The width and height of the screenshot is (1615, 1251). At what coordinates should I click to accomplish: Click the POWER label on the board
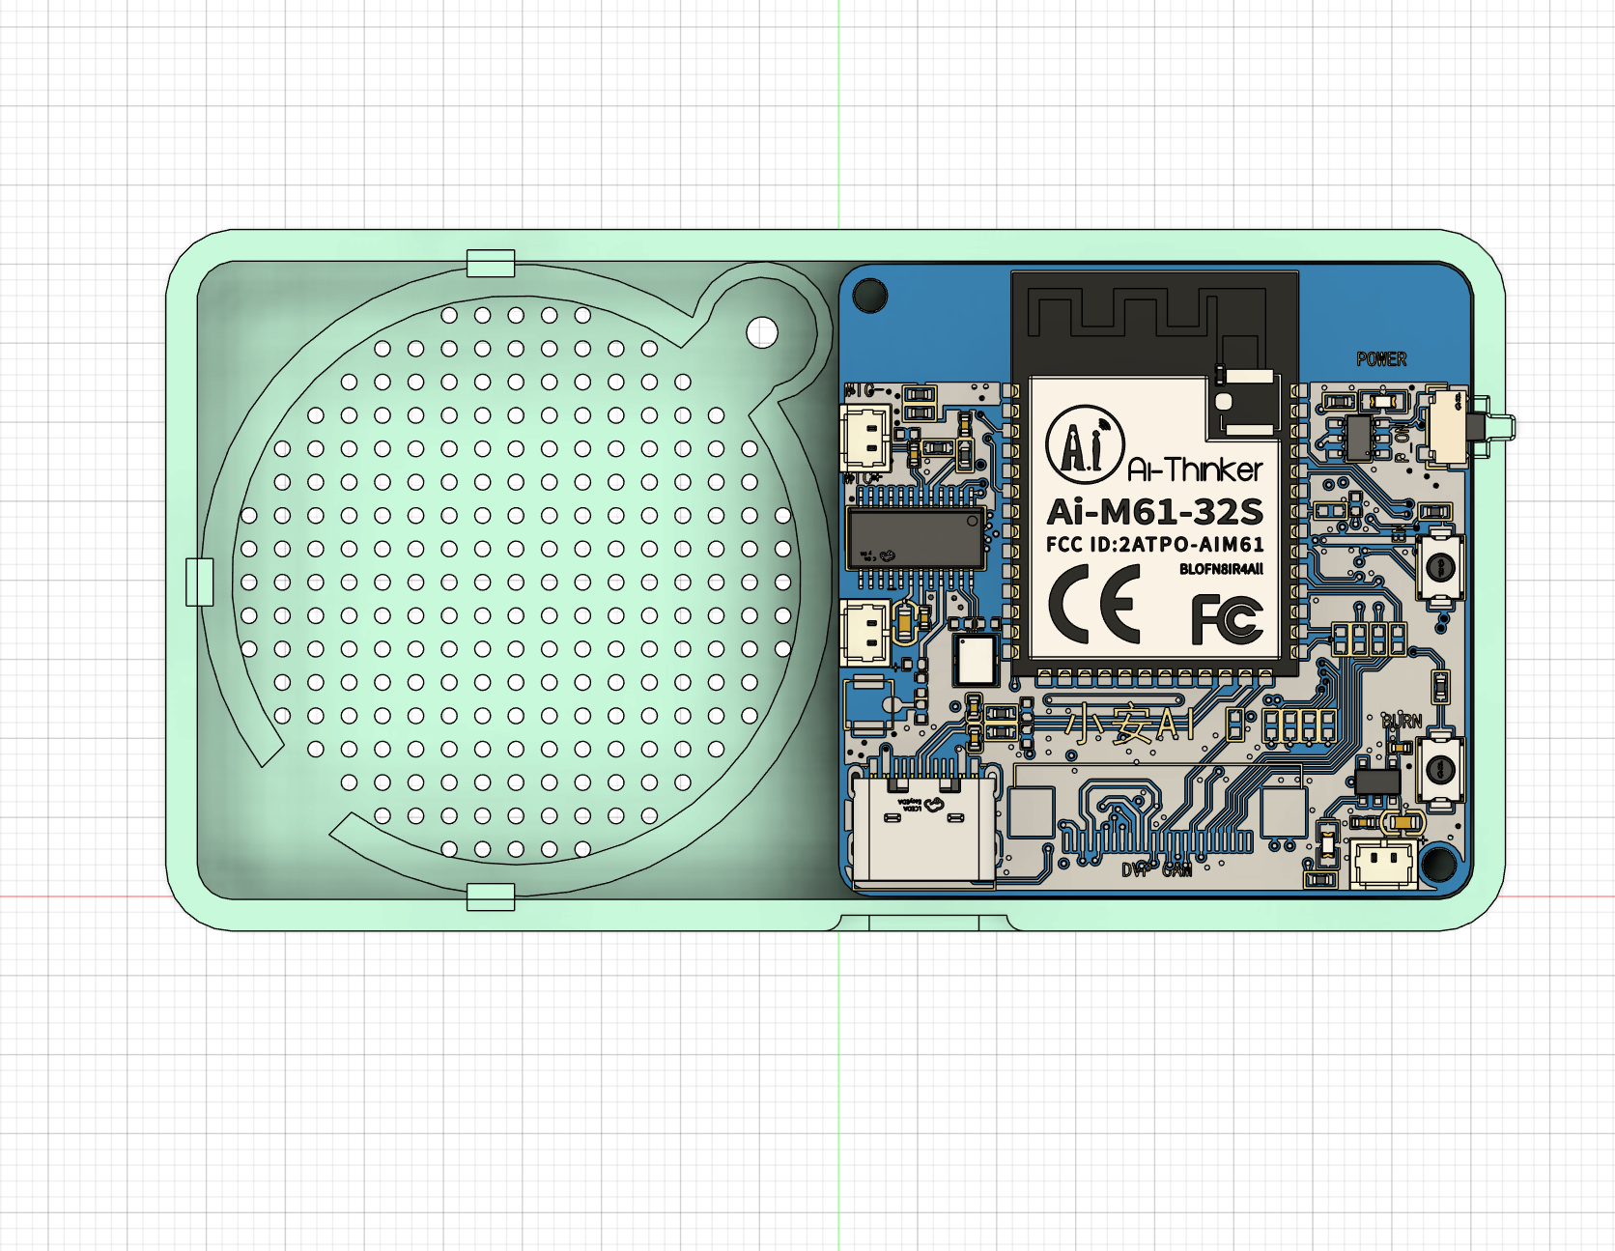[1381, 359]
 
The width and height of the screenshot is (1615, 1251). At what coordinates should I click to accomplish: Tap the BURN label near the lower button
[1402, 721]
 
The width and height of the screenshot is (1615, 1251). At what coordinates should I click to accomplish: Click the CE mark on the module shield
[1094, 606]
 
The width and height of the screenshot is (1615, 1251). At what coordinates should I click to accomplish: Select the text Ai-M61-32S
[1154, 511]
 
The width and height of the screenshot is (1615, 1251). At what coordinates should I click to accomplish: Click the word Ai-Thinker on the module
[1195, 470]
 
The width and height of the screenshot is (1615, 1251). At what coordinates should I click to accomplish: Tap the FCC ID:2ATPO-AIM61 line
[1154, 545]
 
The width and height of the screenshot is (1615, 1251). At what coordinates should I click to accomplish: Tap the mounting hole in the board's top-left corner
[869, 296]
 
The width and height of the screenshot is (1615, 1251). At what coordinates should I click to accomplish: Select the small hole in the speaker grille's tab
[762, 332]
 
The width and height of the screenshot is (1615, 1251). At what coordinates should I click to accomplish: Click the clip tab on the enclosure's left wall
[199, 582]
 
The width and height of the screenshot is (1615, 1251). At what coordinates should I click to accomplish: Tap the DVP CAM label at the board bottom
[1156, 869]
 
